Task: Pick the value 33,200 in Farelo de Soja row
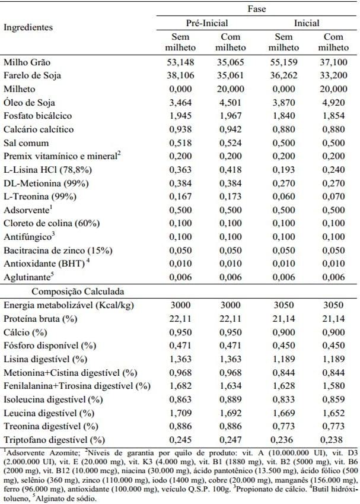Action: [x=335, y=75]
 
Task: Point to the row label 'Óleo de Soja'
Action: [x=28, y=102]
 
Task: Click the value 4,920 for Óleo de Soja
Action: [x=335, y=102]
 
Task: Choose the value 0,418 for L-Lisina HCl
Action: [x=228, y=170]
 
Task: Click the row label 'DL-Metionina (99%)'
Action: [x=43, y=183]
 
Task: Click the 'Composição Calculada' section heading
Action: [x=68, y=291]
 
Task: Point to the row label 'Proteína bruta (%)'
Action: [x=40, y=319]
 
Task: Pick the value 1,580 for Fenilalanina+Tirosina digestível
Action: [x=335, y=386]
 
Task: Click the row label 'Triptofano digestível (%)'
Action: [x=52, y=440]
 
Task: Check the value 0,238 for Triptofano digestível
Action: [x=335, y=440]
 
